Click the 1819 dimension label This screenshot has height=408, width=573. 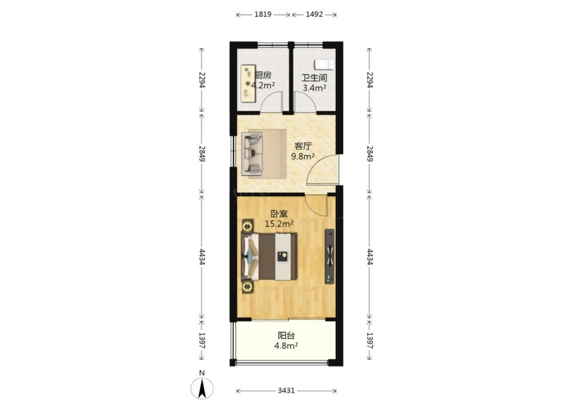click(x=263, y=14)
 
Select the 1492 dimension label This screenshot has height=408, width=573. click(x=314, y=14)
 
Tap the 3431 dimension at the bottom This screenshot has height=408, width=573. click(x=286, y=390)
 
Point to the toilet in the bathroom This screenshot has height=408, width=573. click(x=324, y=65)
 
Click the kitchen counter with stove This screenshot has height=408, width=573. click(x=248, y=84)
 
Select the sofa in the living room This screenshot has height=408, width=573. click(x=252, y=154)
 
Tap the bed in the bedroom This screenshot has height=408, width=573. click(x=269, y=256)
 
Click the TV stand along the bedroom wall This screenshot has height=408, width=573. click(x=330, y=256)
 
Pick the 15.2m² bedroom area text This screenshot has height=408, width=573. click(x=279, y=224)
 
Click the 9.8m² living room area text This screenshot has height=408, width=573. click(x=303, y=156)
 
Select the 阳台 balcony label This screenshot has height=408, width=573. click(x=286, y=335)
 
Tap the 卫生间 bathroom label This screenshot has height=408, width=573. click(x=314, y=78)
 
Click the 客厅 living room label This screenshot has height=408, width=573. click(x=303, y=146)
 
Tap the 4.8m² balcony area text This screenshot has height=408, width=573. click(x=286, y=346)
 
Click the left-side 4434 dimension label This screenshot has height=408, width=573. click(x=202, y=257)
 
